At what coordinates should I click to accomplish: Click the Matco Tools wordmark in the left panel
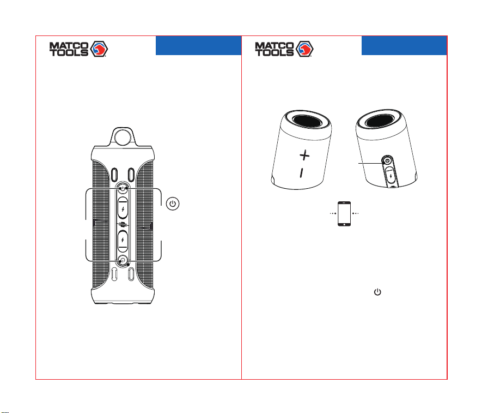pyautogui.click(x=69, y=49)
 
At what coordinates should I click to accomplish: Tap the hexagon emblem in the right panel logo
pyautogui.click(x=304, y=49)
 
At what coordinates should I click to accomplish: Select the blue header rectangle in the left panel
pyautogui.click(x=199, y=46)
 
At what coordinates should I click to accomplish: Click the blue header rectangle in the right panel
pyautogui.click(x=404, y=46)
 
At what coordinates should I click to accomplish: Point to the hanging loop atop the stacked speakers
pyautogui.click(x=123, y=137)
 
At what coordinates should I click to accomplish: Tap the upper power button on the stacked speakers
pyautogui.click(x=123, y=188)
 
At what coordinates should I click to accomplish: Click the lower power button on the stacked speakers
pyautogui.click(x=123, y=261)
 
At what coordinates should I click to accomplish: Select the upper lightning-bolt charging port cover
pyautogui.click(x=123, y=208)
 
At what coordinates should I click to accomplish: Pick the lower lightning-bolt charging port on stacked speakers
pyautogui.click(x=123, y=241)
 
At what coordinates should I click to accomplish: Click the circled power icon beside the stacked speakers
pyautogui.click(x=173, y=204)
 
